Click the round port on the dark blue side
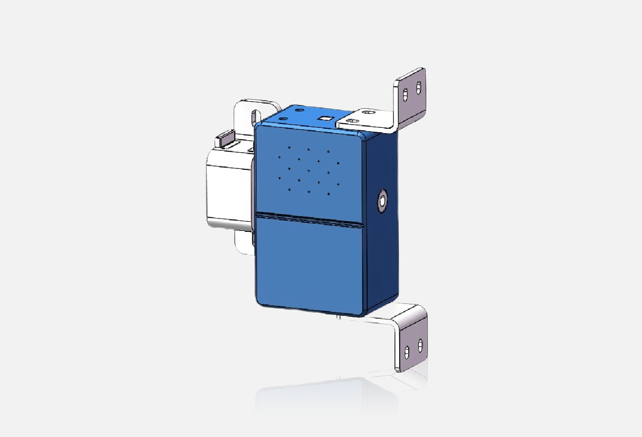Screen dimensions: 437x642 click(382, 201)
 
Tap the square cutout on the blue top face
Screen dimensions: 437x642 click(326, 118)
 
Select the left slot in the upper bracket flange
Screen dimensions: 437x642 click(405, 94)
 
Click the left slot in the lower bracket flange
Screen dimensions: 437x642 click(406, 352)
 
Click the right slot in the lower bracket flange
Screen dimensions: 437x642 click(420, 345)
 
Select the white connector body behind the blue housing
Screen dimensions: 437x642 click(227, 186)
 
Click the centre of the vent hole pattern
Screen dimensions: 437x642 click(309, 170)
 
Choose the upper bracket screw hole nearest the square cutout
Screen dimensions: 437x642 click(352, 121)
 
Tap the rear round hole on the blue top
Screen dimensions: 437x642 click(299, 110)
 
